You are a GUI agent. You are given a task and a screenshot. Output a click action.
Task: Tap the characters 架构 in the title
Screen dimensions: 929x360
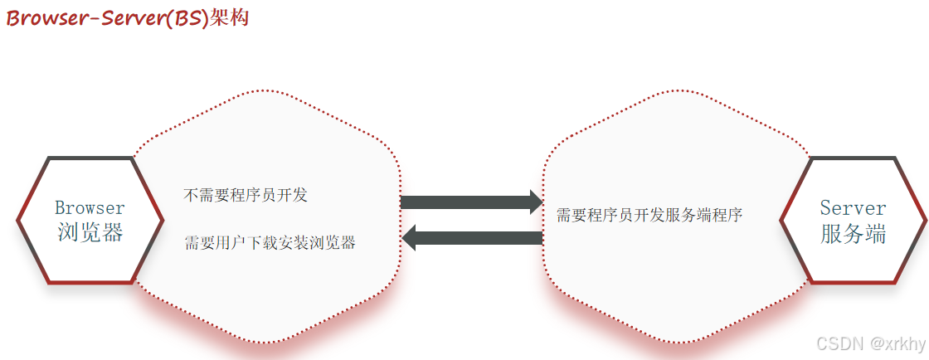point(230,17)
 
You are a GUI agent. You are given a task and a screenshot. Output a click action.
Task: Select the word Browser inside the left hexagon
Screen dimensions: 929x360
point(90,207)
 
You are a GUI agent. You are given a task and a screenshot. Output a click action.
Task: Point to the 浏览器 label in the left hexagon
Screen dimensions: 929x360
point(90,233)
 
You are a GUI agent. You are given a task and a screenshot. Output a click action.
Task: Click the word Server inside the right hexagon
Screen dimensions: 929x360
point(853,207)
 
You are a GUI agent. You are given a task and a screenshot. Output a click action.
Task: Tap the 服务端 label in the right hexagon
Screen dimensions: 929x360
point(853,234)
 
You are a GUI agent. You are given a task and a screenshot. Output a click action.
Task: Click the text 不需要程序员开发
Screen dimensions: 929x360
point(246,196)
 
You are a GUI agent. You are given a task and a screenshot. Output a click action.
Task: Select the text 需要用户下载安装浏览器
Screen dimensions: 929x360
point(270,243)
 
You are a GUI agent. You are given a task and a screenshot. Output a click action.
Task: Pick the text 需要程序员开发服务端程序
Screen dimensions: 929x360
point(649,216)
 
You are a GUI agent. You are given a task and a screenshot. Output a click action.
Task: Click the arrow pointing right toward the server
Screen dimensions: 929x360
point(469,202)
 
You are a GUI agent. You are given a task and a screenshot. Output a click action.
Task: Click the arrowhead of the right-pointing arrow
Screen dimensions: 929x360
point(533,202)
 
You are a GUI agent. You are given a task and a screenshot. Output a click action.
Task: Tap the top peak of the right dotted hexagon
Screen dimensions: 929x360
point(677,90)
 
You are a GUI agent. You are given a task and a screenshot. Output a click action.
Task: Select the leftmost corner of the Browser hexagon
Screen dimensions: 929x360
point(18,221)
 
